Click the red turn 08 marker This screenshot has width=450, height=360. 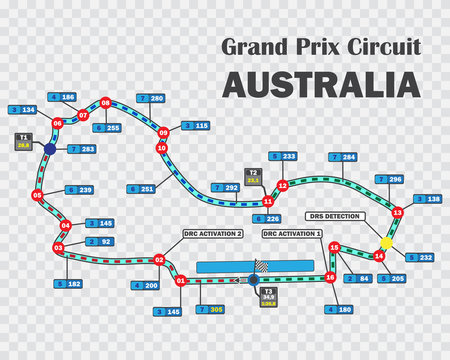(x=106, y=102)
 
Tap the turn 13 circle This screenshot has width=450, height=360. (x=398, y=212)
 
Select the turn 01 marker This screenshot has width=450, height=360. (x=181, y=281)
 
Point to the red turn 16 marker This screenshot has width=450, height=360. (x=330, y=277)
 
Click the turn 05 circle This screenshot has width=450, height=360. (x=37, y=195)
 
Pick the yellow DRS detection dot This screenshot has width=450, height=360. (x=386, y=243)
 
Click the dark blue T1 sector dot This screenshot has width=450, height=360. (x=49, y=149)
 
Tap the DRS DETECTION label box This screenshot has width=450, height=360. (x=335, y=216)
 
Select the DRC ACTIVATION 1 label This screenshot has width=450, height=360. (x=292, y=233)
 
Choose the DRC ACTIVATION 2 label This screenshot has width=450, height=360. (x=213, y=233)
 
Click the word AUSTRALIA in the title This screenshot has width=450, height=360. (x=320, y=84)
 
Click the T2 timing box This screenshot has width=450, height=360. (x=254, y=176)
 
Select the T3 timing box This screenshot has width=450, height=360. (x=268, y=298)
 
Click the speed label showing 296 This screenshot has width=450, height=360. (x=389, y=179)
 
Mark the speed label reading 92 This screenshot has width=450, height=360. (x=99, y=241)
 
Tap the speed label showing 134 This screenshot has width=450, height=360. (x=22, y=109)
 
